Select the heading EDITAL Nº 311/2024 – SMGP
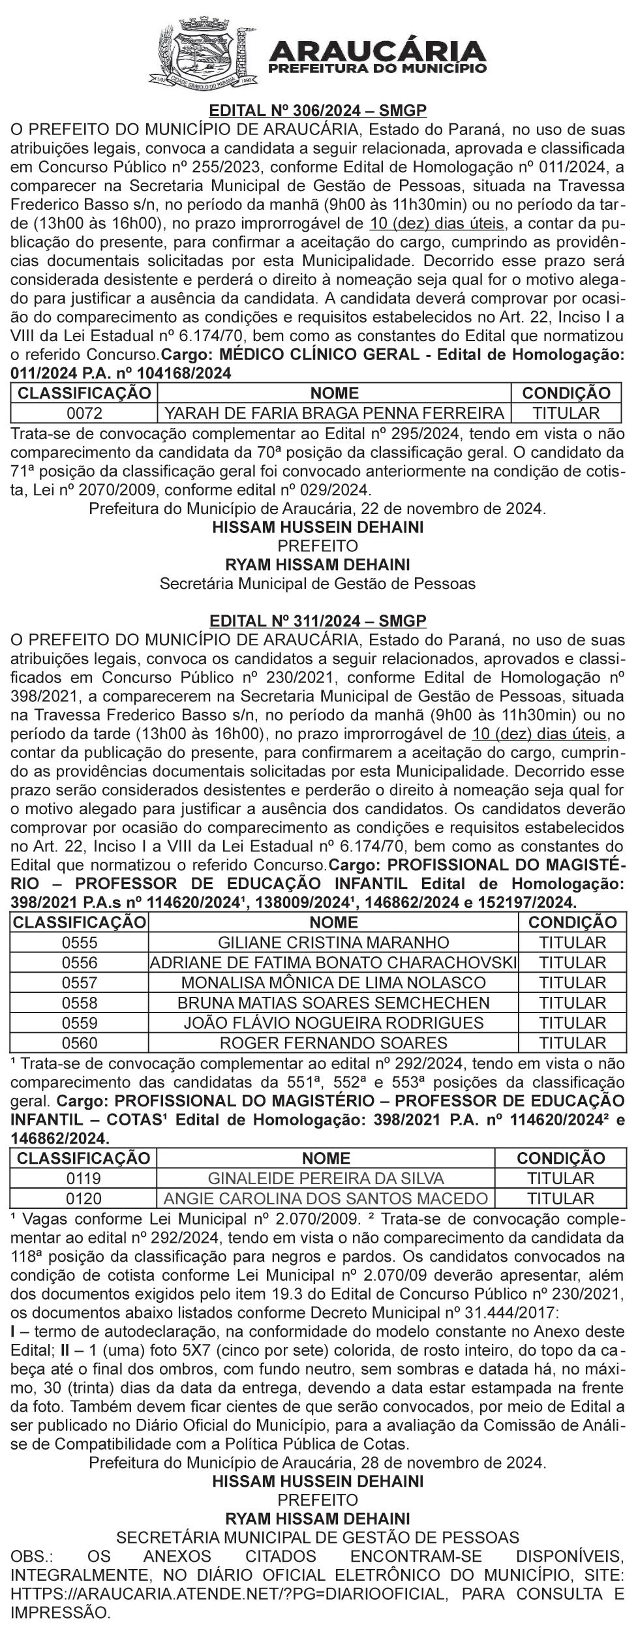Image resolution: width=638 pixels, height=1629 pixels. tap(318, 620)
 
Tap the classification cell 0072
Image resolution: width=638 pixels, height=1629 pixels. tap(84, 413)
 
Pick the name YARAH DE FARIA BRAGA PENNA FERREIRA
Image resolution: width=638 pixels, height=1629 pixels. tap(334, 413)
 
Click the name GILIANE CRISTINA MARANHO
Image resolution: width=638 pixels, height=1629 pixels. tap(333, 942)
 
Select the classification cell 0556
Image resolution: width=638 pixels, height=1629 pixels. tap(80, 962)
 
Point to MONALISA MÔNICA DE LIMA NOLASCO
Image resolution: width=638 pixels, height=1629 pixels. tap(333, 982)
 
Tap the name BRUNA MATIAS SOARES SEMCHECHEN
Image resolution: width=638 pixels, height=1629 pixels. tap(333, 1002)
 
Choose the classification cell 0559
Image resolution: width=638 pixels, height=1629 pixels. tap(80, 1022)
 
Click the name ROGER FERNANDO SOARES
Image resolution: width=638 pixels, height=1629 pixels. tap(333, 1042)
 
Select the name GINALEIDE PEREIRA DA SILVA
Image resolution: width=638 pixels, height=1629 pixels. tap(326, 1178)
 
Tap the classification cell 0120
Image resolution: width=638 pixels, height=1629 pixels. tap(84, 1198)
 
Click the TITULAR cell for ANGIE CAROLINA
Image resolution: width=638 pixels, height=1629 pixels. tap(560, 1198)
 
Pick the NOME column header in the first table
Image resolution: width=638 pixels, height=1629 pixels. tap(334, 393)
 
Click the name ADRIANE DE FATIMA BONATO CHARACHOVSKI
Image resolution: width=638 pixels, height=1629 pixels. tap(333, 962)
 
